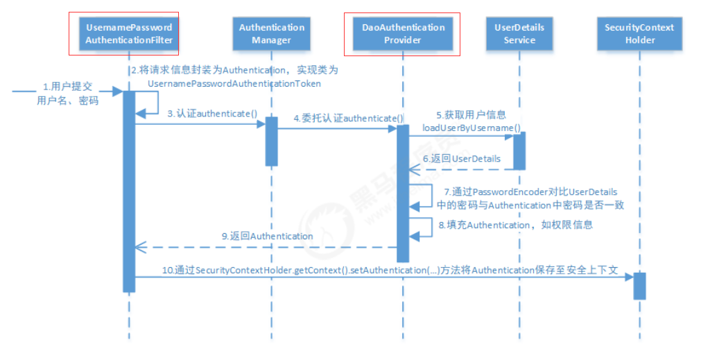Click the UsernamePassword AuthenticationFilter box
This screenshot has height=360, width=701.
pyautogui.click(x=128, y=33)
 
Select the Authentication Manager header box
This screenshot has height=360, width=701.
pyautogui.click(x=272, y=33)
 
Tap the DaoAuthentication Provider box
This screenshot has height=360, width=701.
pyautogui.click(x=403, y=33)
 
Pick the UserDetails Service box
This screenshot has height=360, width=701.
pyautogui.click(x=519, y=33)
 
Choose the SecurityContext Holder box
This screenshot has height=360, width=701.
pyautogui.click(x=639, y=33)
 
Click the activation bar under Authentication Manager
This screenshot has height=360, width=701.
pyautogui.click(x=272, y=141)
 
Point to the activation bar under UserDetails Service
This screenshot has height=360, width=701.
pyautogui.click(x=519, y=151)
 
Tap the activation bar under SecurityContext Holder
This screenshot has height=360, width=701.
pyautogui.click(x=639, y=285)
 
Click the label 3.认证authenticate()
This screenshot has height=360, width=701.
pyautogui.click(x=212, y=113)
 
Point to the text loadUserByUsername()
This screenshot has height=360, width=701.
pyautogui.click(x=471, y=128)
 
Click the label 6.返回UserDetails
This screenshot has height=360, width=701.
pyautogui.click(x=462, y=159)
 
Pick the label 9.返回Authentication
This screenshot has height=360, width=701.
pyautogui.click(x=268, y=236)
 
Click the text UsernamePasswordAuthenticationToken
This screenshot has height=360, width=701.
pyautogui.click(x=234, y=83)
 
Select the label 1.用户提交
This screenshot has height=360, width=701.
pyautogui.click(x=68, y=87)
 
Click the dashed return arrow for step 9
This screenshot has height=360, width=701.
pyautogui.click(x=263, y=246)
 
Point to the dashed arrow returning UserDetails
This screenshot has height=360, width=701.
pyautogui.click(x=461, y=169)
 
